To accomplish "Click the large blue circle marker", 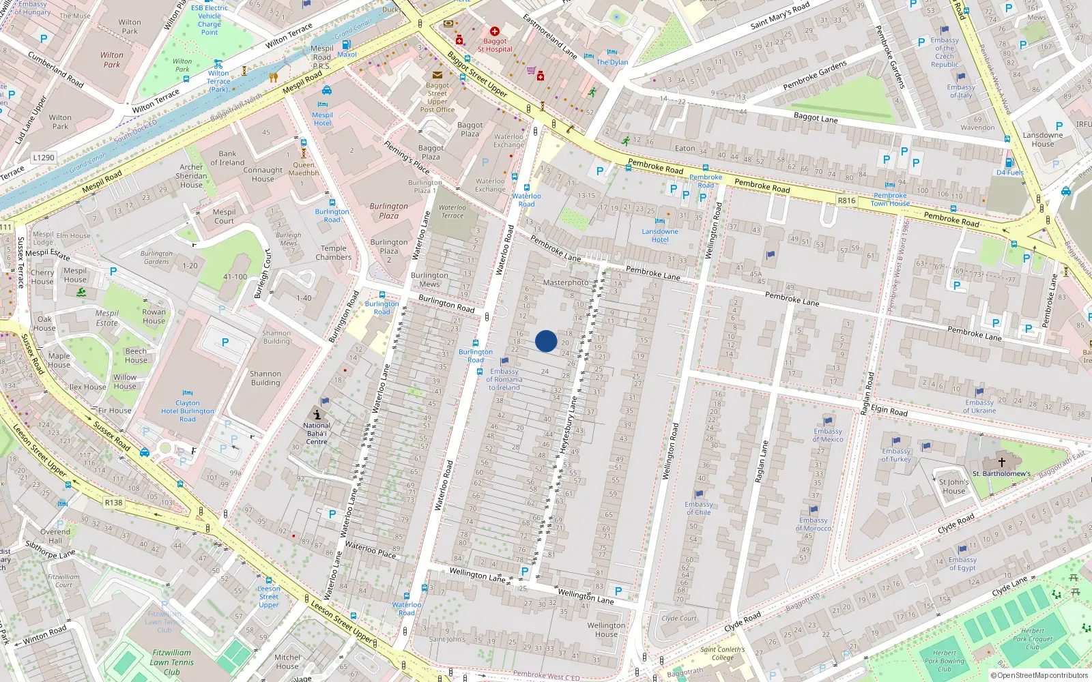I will pos(546,341).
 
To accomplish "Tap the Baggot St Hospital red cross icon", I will pos(495,31).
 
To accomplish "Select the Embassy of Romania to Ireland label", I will pos(504,379).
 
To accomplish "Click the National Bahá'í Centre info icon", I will pos(317,414).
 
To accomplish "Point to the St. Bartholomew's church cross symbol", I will pos(1002,462).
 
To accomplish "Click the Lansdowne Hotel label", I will pos(660,235).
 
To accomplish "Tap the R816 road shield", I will pos(846,201).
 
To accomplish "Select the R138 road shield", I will pos(113,503).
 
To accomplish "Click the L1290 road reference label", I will pos(43,158).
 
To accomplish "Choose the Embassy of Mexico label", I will pos(828,435).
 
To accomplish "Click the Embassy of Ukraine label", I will pos(979,406).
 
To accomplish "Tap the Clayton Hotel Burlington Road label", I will pos(188,411).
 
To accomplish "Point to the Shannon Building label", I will pos(265,378).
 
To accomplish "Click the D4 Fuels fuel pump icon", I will pos(1009,163).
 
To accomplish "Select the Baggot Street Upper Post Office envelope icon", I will pos(437,75).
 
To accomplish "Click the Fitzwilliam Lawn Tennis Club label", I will pos(171,662).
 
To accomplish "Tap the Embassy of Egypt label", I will pos(962,563).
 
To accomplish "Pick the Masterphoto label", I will pos(565,282).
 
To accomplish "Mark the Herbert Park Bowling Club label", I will pos(945,661).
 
